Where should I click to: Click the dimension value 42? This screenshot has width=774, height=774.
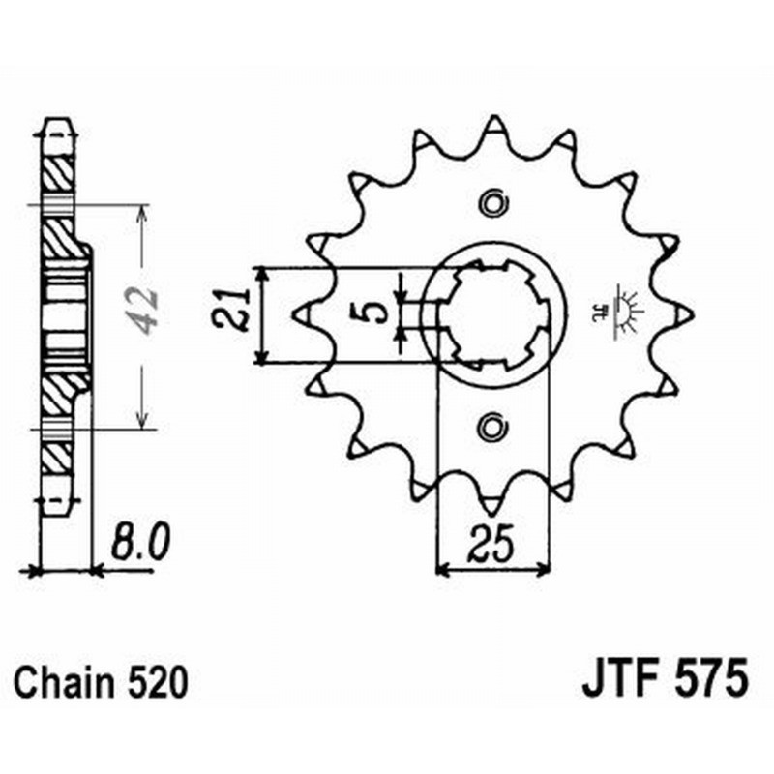pyautogui.click(x=144, y=311)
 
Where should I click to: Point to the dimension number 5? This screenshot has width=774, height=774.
pyautogui.click(x=378, y=312)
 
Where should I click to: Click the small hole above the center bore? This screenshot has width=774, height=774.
pyautogui.click(x=493, y=204)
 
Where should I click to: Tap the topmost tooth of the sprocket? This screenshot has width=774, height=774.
pyautogui.click(x=493, y=125)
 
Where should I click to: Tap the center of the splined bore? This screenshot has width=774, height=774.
pyautogui.click(x=493, y=313)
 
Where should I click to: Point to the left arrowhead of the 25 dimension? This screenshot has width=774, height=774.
pyautogui.click(x=442, y=570)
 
